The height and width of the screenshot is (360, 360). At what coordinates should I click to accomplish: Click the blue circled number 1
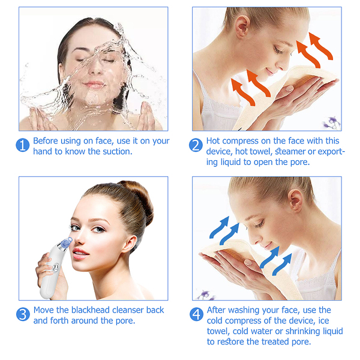(23, 145)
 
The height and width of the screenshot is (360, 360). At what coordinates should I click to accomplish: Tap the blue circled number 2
(196, 145)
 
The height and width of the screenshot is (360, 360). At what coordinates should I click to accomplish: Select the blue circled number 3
(23, 314)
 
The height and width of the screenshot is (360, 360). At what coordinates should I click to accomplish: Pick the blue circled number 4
(196, 314)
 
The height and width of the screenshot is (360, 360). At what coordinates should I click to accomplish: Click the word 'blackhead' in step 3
(91, 310)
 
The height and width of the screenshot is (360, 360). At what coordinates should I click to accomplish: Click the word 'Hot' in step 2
(213, 141)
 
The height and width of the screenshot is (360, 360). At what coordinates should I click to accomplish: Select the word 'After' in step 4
(216, 310)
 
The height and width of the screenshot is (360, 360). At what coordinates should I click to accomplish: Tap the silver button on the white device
(56, 268)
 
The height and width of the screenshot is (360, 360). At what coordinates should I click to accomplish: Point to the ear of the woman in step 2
(242, 26)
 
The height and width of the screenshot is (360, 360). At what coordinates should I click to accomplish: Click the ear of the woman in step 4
(296, 200)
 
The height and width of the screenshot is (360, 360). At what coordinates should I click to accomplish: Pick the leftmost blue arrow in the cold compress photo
(219, 227)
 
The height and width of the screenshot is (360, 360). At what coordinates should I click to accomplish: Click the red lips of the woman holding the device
(80, 253)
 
